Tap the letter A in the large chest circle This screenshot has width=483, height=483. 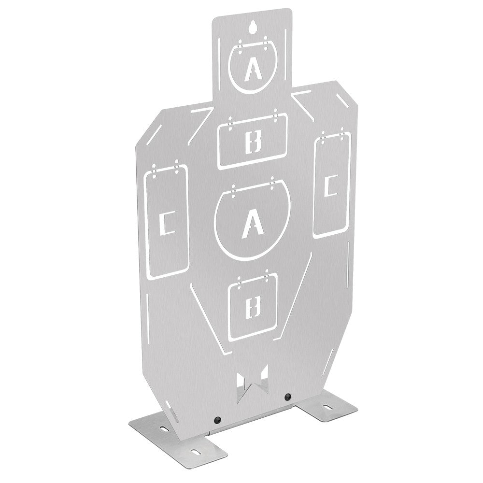[251, 224]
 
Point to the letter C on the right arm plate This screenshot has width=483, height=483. [331, 186]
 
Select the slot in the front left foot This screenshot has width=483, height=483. [197, 452]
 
